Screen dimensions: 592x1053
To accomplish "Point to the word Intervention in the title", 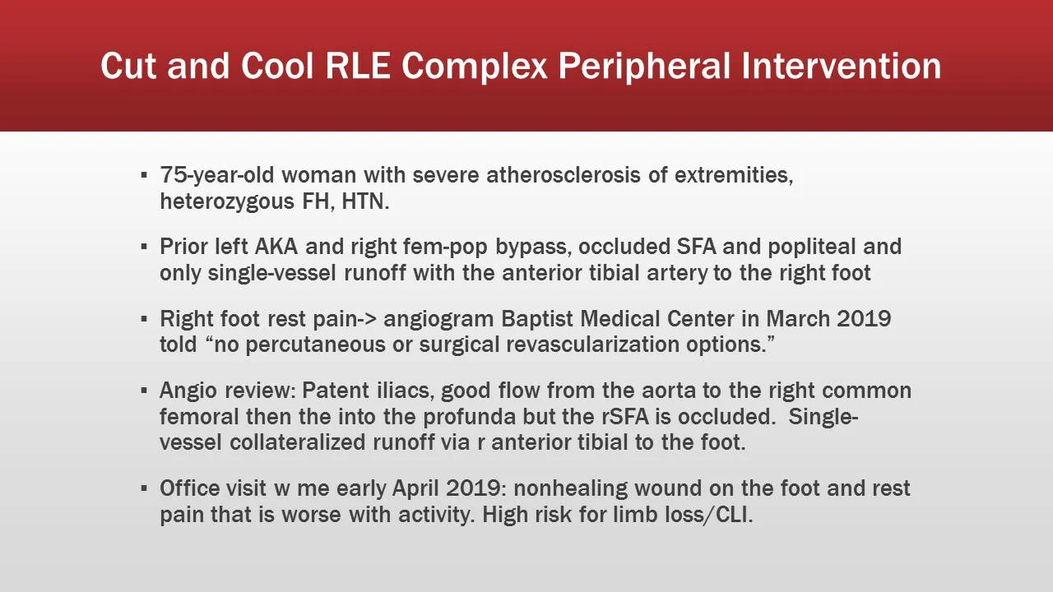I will tap(842, 66).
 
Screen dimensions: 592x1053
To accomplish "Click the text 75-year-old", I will tap(211, 175).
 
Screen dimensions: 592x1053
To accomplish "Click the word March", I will tap(797, 318).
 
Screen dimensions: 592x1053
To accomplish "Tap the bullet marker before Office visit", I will tap(144, 488).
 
